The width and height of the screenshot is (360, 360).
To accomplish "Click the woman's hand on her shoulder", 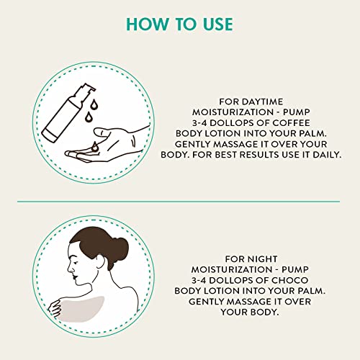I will click(54, 308).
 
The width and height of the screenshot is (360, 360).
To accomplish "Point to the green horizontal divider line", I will click(180, 202).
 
